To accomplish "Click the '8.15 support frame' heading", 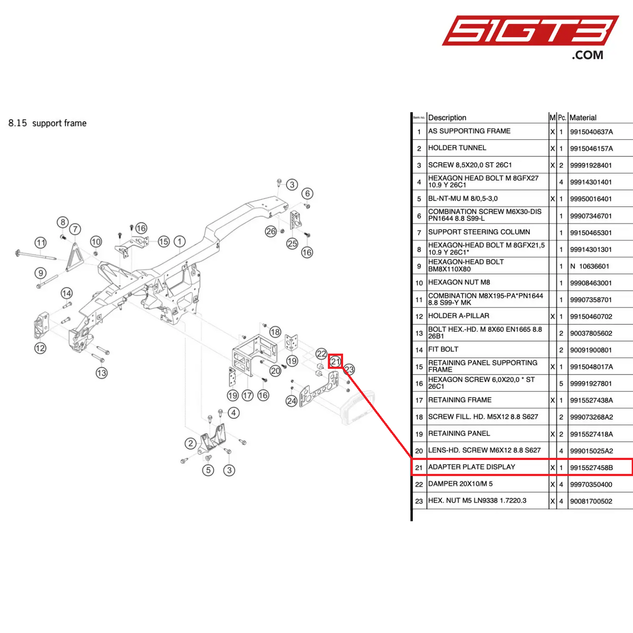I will coord(47,123).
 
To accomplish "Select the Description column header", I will coord(447,117).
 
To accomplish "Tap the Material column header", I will coord(583,117).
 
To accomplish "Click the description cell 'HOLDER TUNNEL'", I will coord(457,148).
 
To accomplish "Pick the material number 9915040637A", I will coord(591,132).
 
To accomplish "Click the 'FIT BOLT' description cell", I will coord(443,350).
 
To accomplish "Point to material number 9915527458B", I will coord(591,468).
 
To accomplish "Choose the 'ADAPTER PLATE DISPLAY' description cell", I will coord(471,467).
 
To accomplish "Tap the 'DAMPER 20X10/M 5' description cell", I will coord(460,484).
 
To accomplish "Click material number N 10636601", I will coord(589,266).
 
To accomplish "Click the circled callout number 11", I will coord(41,243).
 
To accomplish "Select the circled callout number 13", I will coord(102,373).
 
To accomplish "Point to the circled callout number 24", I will coord(291,401).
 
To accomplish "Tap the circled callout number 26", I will coord(271,231).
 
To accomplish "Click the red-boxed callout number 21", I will coord(336,361).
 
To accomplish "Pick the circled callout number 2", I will coord(190,443).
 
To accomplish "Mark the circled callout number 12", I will coord(40,348).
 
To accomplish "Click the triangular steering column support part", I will coord(74,258).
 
